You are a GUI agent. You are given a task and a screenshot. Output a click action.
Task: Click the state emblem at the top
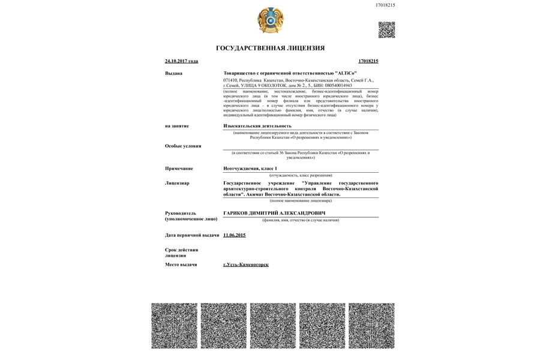[x=270, y=20]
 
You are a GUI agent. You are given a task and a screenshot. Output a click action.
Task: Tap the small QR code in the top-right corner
[x=386, y=29]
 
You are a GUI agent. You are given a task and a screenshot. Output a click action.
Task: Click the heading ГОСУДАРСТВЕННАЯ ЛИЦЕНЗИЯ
[x=270, y=48]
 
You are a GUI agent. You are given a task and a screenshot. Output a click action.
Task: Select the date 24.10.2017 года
[x=181, y=61]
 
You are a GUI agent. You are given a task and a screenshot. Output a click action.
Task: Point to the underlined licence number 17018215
[x=368, y=61]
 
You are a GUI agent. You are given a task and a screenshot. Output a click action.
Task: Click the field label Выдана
[x=173, y=73]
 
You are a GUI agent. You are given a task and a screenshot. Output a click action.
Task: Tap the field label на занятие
[x=176, y=126]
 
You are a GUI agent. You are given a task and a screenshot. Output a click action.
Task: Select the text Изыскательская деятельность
[x=257, y=126]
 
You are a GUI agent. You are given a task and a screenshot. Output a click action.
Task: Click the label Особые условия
[x=183, y=146]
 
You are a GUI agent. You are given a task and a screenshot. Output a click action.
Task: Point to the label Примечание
[x=179, y=169]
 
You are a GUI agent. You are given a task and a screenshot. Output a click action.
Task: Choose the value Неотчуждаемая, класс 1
[x=251, y=169]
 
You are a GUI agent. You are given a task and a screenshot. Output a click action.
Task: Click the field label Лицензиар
[x=177, y=183]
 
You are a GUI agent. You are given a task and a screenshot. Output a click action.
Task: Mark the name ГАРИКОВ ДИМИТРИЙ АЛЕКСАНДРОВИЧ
[x=274, y=213]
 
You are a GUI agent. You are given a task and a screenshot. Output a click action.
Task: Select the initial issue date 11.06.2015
[x=234, y=235]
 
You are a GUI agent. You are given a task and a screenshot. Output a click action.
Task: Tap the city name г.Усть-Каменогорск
[x=245, y=265]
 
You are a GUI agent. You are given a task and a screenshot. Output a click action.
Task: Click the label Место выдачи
[x=181, y=265]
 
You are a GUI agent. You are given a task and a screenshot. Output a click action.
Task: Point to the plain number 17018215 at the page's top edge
[x=385, y=5]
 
